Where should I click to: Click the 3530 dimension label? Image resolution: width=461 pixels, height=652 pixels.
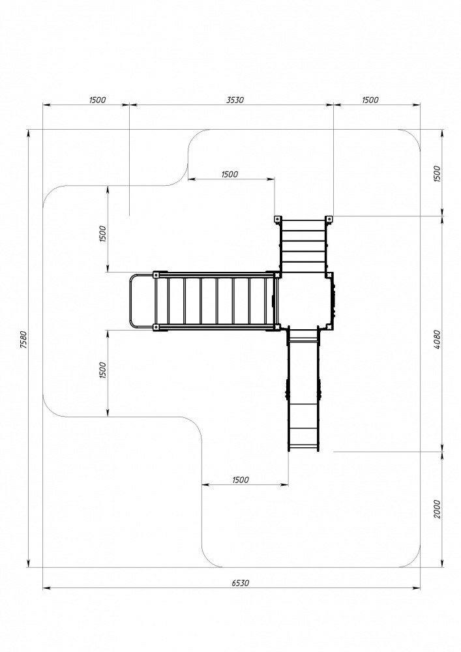[x=235, y=100]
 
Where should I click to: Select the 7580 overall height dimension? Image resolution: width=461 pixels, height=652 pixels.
[x=23, y=339]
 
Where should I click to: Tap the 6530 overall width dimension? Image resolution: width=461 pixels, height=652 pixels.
[x=240, y=583]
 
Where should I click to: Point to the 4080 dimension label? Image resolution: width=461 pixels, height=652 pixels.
[x=436, y=339]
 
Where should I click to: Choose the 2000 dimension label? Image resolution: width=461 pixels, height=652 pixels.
[x=436, y=509]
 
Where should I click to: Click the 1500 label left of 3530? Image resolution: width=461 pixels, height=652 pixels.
[x=98, y=100]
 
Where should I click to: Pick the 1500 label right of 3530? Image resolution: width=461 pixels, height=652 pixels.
[x=370, y=100]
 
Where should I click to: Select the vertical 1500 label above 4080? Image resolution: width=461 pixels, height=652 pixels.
[x=436, y=174]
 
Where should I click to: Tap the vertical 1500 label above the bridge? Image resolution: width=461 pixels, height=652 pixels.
[x=103, y=233]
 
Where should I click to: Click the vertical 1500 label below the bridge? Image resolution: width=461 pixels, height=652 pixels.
[x=103, y=370]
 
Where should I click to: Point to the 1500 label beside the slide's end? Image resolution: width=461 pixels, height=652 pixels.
[x=240, y=480]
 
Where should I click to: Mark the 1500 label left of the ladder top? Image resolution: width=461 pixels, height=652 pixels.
[x=230, y=174]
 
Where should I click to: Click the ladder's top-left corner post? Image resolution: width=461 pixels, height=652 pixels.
[x=276, y=219]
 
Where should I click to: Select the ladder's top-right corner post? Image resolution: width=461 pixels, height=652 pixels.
[x=329, y=219]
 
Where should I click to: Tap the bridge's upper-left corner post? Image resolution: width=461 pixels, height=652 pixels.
[x=156, y=275]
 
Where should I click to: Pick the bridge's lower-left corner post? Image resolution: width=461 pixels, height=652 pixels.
[x=156, y=328]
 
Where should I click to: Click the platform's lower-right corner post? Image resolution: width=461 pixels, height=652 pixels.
[x=330, y=327]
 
